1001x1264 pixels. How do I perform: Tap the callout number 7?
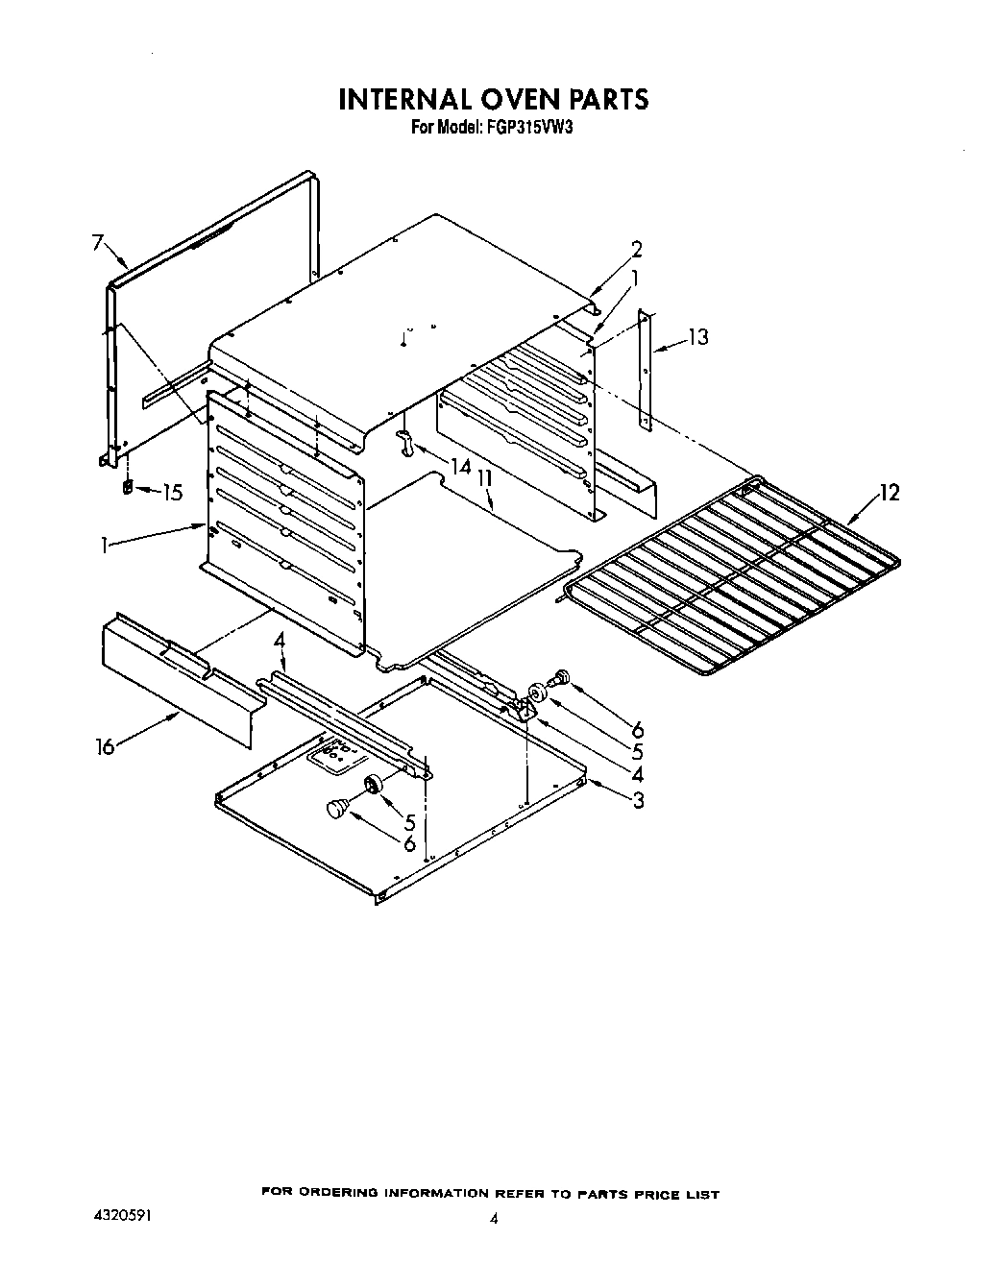97,242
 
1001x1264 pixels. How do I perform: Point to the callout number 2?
636,250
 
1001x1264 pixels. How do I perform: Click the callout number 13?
697,336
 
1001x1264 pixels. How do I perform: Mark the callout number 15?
171,493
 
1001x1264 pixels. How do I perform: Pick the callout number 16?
105,745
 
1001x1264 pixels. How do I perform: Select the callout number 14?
460,466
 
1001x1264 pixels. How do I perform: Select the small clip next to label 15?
128,489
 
